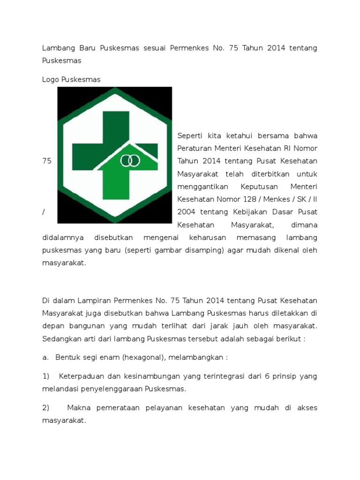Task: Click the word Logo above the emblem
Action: [x=51, y=80]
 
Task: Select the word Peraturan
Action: [x=195, y=149]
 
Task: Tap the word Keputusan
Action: [x=251, y=187]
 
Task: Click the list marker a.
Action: [x=45, y=357]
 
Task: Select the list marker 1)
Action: [x=46, y=376]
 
